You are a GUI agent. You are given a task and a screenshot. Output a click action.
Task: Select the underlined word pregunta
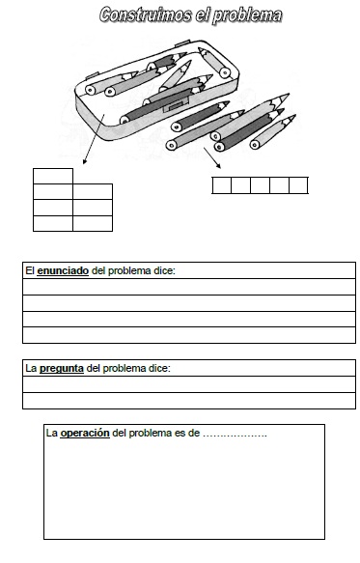[61, 368]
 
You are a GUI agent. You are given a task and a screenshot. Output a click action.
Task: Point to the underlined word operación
[85, 433]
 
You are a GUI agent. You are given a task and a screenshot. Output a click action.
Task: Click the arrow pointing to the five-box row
[212, 157]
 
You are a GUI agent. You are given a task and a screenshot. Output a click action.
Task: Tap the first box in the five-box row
[222, 185]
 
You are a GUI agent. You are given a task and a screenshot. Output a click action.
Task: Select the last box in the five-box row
[298, 185]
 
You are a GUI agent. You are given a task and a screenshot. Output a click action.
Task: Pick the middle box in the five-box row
[261, 185]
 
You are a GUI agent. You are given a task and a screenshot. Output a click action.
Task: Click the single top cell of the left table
[53, 176]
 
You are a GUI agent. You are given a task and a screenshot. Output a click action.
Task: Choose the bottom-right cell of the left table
[93, 223]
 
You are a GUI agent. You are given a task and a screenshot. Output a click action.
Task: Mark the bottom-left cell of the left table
[53, 223]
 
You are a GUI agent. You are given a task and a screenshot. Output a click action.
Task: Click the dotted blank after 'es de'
[235, 434]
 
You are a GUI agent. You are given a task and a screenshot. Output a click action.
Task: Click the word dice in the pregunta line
[157, 368]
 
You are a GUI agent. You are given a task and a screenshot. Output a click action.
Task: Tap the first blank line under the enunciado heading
[188, 287]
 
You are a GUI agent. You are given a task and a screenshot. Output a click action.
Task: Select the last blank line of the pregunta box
[188, 400]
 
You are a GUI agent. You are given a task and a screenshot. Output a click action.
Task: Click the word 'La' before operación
[52, 433]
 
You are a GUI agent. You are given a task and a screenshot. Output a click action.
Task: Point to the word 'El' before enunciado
[30, 271]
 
